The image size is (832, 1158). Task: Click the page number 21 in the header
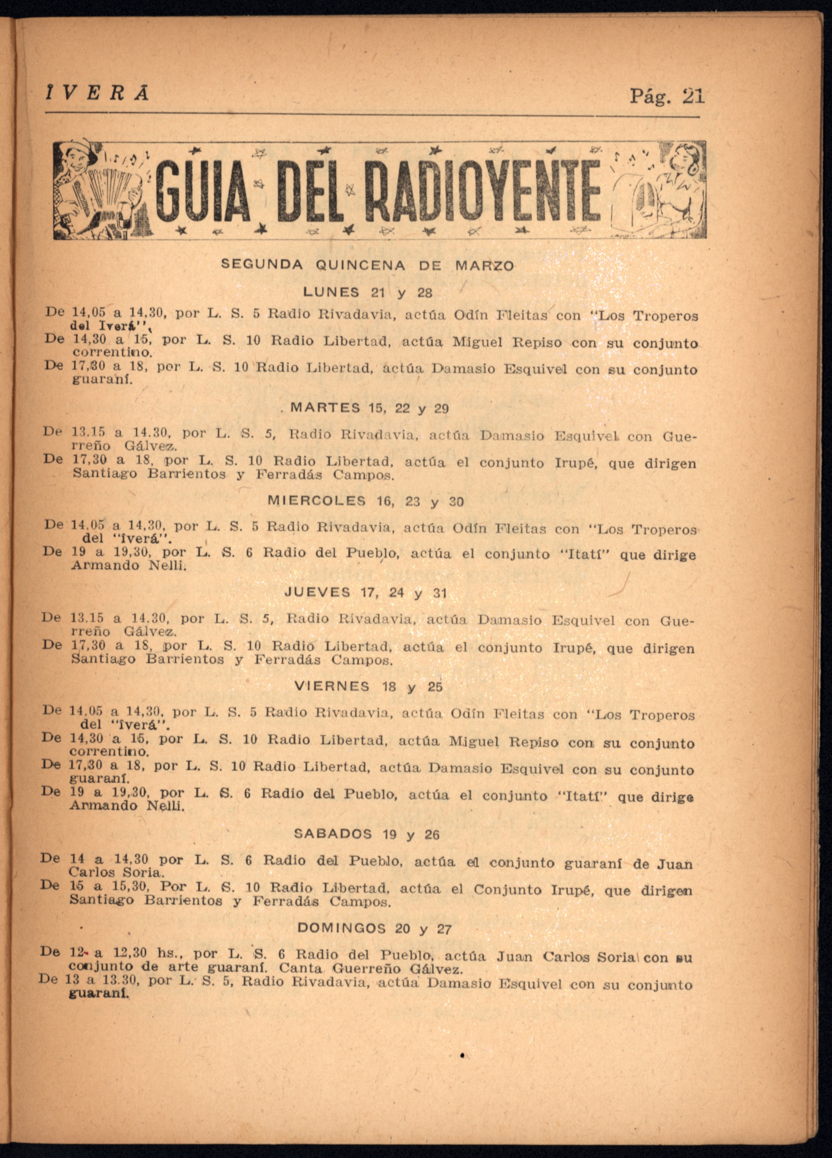click(693, 96)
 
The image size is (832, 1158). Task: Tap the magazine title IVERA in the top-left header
click(97, 93)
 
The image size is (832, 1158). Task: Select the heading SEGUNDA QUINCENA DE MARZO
click(367, 266)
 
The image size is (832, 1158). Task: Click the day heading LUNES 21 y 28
click(368, 292)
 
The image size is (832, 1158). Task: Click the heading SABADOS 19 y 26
click(366, 834)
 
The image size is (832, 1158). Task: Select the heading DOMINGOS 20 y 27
click(374, 928)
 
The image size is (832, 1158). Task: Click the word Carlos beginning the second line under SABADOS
click(92, 872)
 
